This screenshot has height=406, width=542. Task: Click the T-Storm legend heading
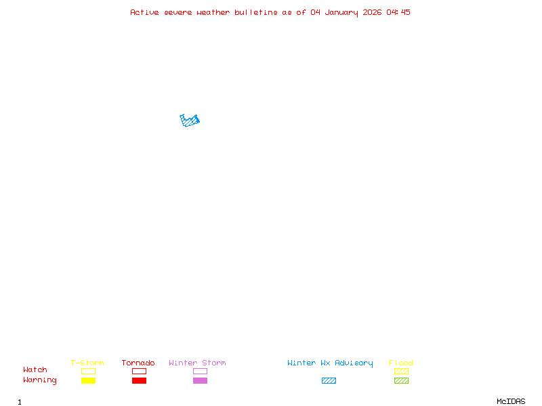[87, 363]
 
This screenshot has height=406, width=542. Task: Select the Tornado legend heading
[138, 363]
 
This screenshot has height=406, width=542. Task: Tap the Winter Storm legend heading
[197, 363]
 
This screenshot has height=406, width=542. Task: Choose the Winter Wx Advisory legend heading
[330, 363]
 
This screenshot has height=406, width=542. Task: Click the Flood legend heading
[401, 363]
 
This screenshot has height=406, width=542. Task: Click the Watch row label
[35, 370]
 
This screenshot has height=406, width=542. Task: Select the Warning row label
[40, 380]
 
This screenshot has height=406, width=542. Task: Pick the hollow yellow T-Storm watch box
[88, 371]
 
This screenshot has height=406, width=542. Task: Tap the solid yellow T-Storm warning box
[88, 380]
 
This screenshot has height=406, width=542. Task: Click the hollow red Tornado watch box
[139, 371]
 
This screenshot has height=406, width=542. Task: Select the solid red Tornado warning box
[139, 380]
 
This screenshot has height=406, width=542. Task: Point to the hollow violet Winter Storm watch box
[200, 371]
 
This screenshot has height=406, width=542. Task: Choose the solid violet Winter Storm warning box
[200, 380]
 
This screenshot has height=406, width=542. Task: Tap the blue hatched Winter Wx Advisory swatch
[329, 380]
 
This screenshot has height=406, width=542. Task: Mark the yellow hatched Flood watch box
[401, 371]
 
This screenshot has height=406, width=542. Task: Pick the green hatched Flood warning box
[401, 380]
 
